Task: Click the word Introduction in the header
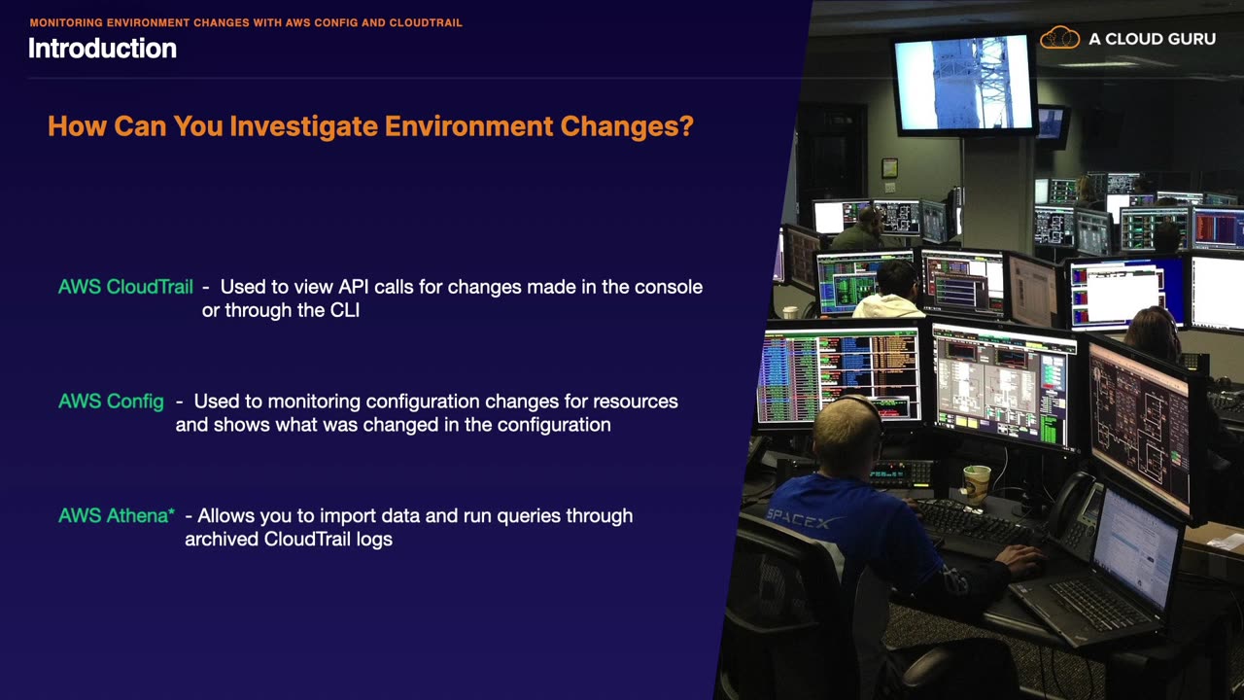103,49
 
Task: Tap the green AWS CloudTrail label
125,287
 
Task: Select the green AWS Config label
111,402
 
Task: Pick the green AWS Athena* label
117,515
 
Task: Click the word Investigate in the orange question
304,126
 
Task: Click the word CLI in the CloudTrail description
345,310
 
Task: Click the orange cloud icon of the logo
1059,38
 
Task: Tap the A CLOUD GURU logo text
1152,39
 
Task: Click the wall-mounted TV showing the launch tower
965,84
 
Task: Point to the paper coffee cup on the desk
977,484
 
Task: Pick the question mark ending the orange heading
686,125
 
